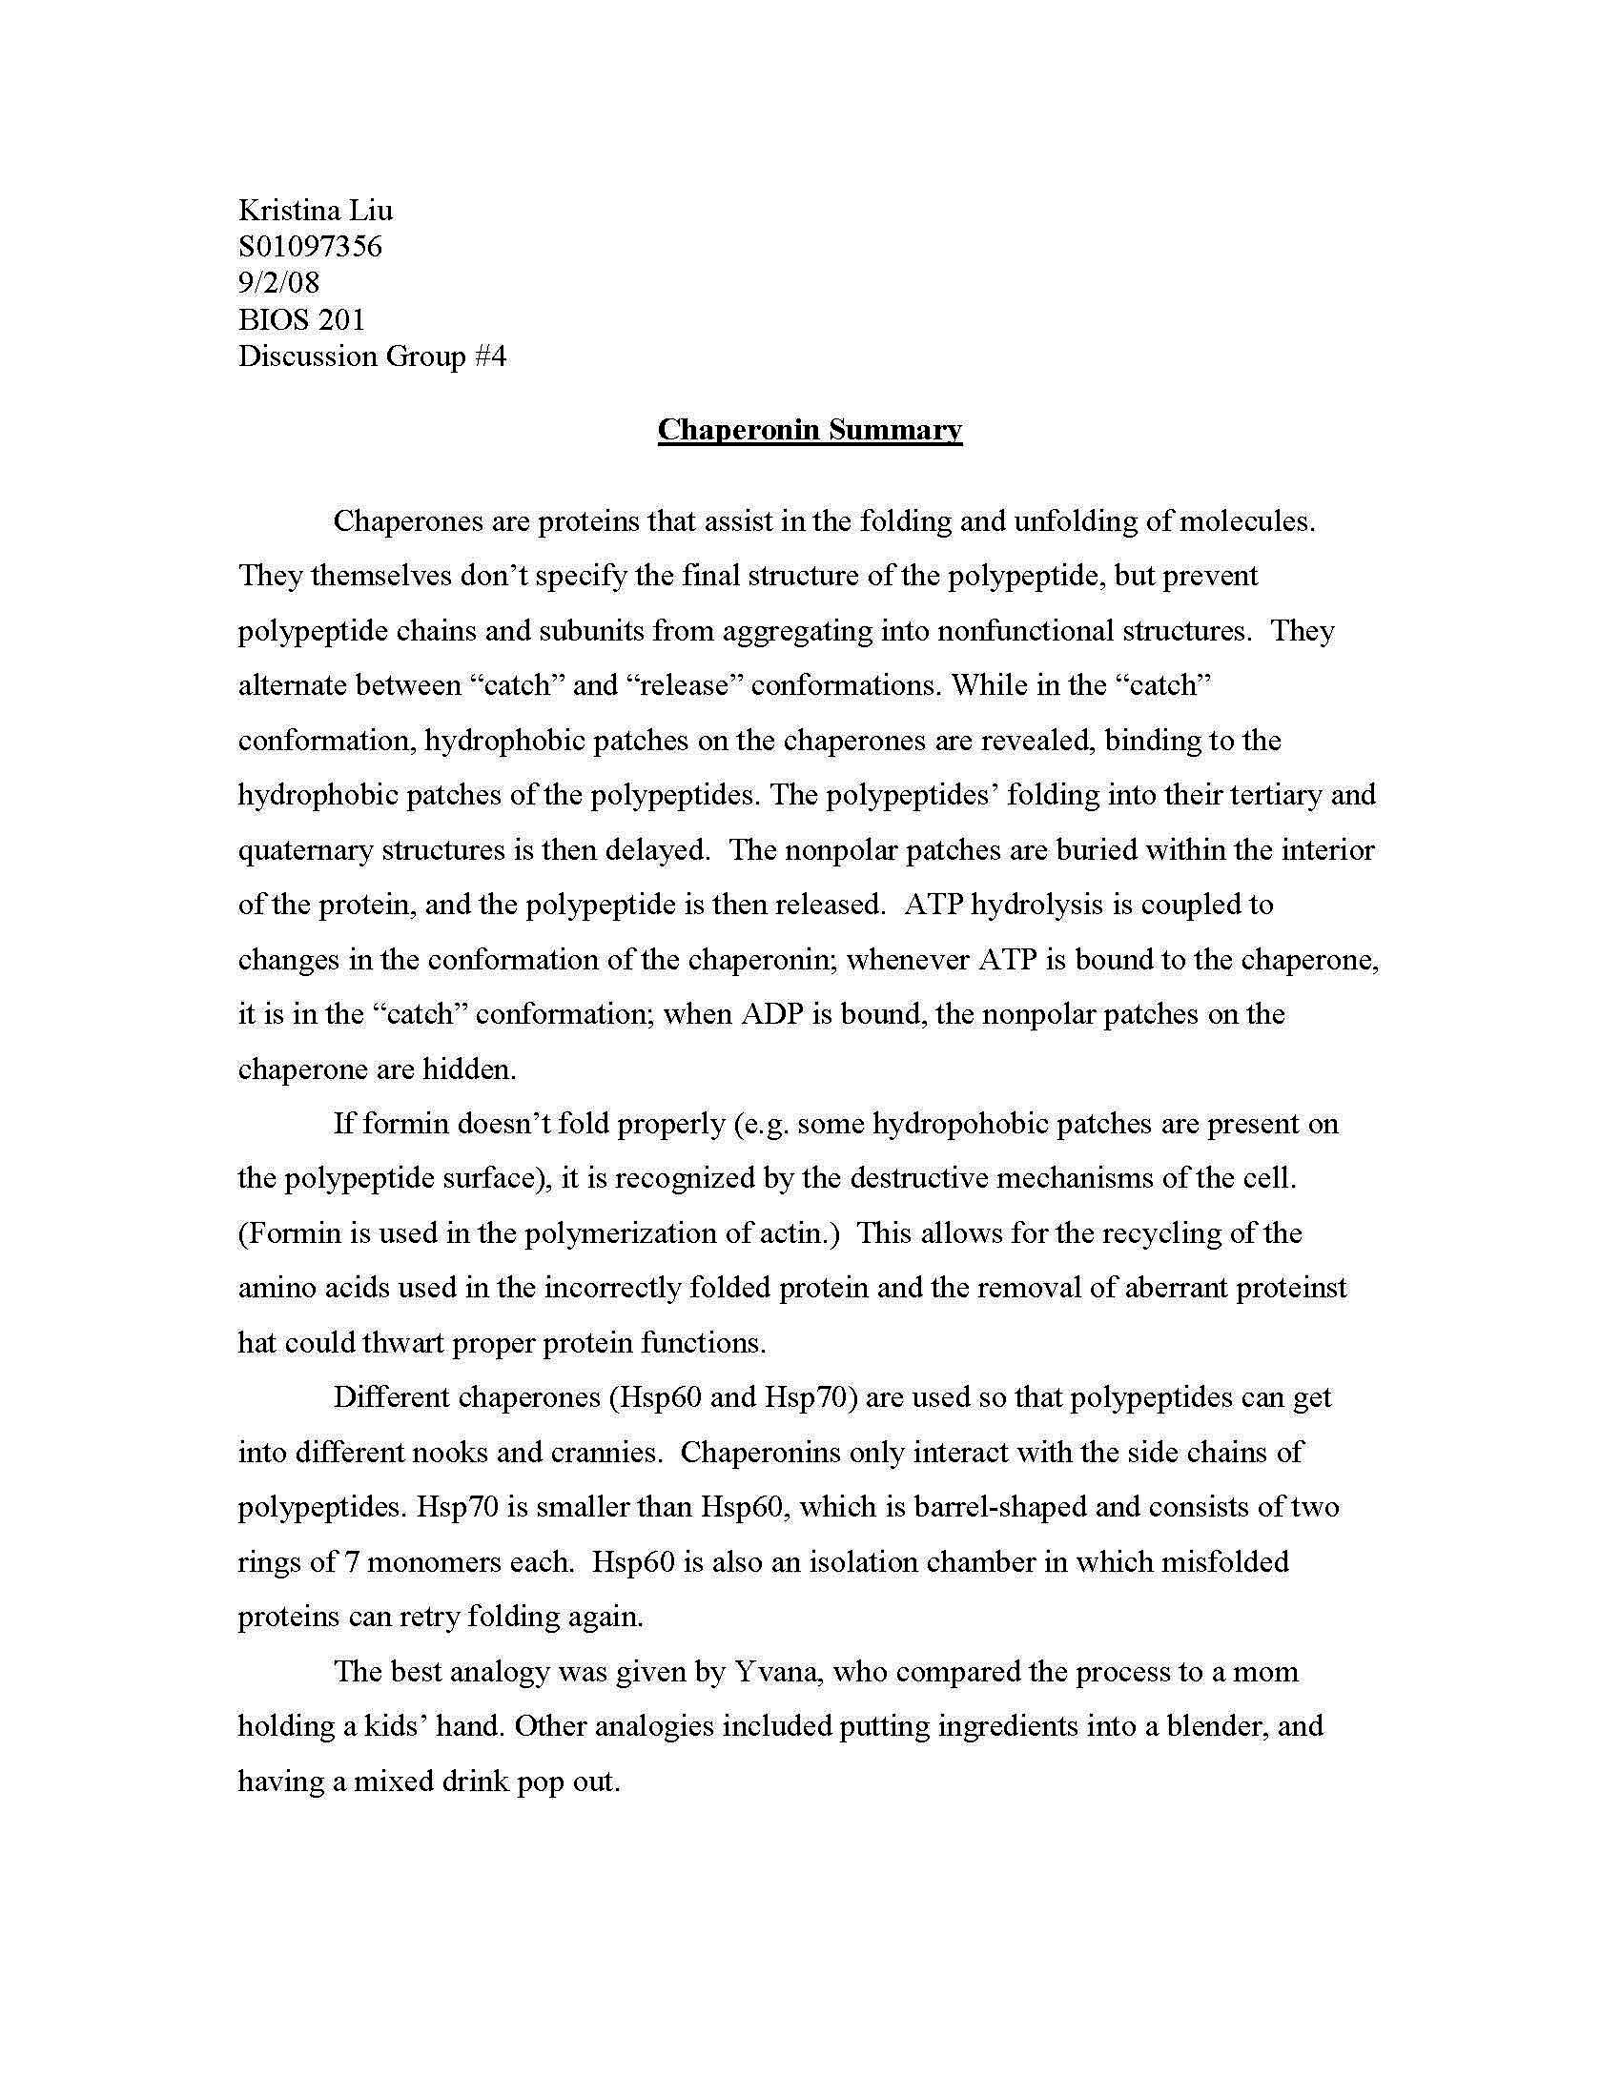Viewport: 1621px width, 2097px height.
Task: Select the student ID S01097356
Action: [310, 247]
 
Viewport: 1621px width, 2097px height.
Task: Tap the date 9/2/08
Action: [278, 283]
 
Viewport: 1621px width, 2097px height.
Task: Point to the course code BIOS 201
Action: [301, 319]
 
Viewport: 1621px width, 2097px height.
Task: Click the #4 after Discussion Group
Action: [490, 356]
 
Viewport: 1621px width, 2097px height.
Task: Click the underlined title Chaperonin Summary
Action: [810, 429]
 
